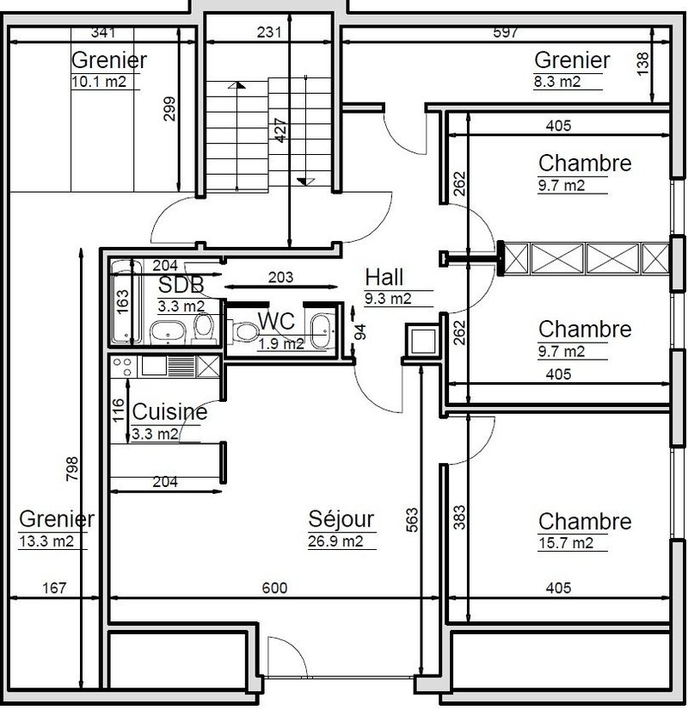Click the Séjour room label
tap(341, 519)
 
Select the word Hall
tap(384, 277)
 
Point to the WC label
tap(277, 321)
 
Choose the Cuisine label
tap(169, 412)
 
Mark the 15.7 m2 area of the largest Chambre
tap(566, 543)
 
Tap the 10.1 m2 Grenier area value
tap(100, 83)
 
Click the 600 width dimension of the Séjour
tap(273, 588)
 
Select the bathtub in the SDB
tap(125, 304)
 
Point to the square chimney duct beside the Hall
tap(423, 342)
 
